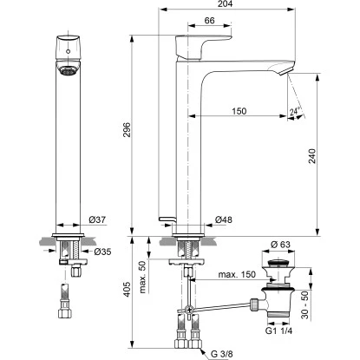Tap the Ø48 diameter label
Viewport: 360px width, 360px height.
pos(223,220)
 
